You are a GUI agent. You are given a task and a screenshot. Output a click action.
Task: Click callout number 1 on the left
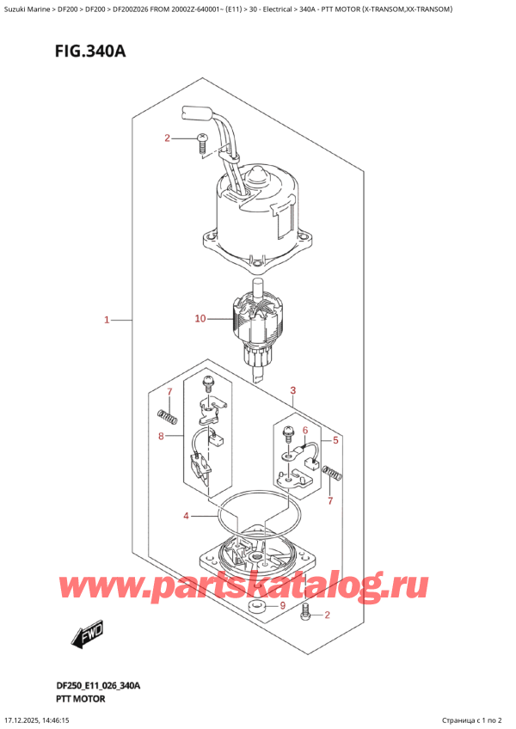click(x=107, y=321)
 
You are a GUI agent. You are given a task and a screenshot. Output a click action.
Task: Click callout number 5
click(x=304, y=419)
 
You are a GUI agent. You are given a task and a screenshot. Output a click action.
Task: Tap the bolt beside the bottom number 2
click(x=305, y=613)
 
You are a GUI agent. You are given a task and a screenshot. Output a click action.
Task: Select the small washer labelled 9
click(x=255, y=610)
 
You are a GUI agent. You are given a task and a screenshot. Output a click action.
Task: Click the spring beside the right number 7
click(x=331, y=472)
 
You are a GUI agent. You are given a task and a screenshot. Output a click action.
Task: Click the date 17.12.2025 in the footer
click(x=26, y=720)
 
